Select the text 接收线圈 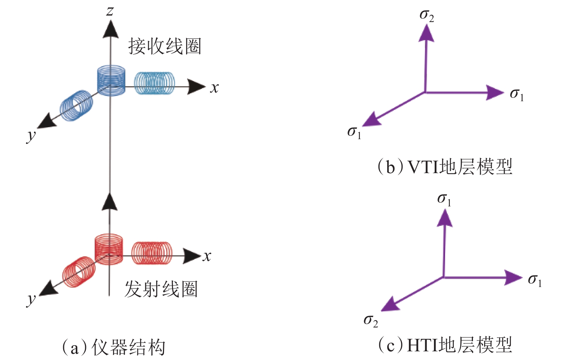[164, 47]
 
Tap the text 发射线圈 [161, 289]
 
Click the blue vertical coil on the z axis [111, 80]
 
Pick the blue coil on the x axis [155, 83]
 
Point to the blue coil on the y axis [77, 105]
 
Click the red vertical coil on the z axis [108, 249]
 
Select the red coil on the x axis [151, 253]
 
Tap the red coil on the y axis [79, 272]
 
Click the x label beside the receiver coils [215, 88]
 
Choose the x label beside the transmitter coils [207, 256]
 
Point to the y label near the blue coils [31, 136]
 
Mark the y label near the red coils [31, 300]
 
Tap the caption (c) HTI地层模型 [445, 345]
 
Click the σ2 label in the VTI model [426, 16]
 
